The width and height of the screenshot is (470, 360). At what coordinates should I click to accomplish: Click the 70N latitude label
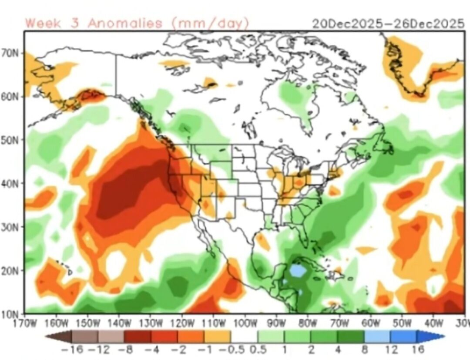[13, 53]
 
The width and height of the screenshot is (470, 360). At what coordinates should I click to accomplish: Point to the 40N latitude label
[13, 183]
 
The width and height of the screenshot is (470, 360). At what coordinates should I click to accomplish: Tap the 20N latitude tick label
[13, 270]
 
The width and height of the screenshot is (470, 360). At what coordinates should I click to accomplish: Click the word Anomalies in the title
[125, 23]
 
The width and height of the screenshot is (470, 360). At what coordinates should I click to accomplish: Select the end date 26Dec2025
[429, 24]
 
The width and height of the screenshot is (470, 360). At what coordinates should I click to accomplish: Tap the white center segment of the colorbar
[244, 336]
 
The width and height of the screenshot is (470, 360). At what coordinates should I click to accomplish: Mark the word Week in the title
[42, 23]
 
